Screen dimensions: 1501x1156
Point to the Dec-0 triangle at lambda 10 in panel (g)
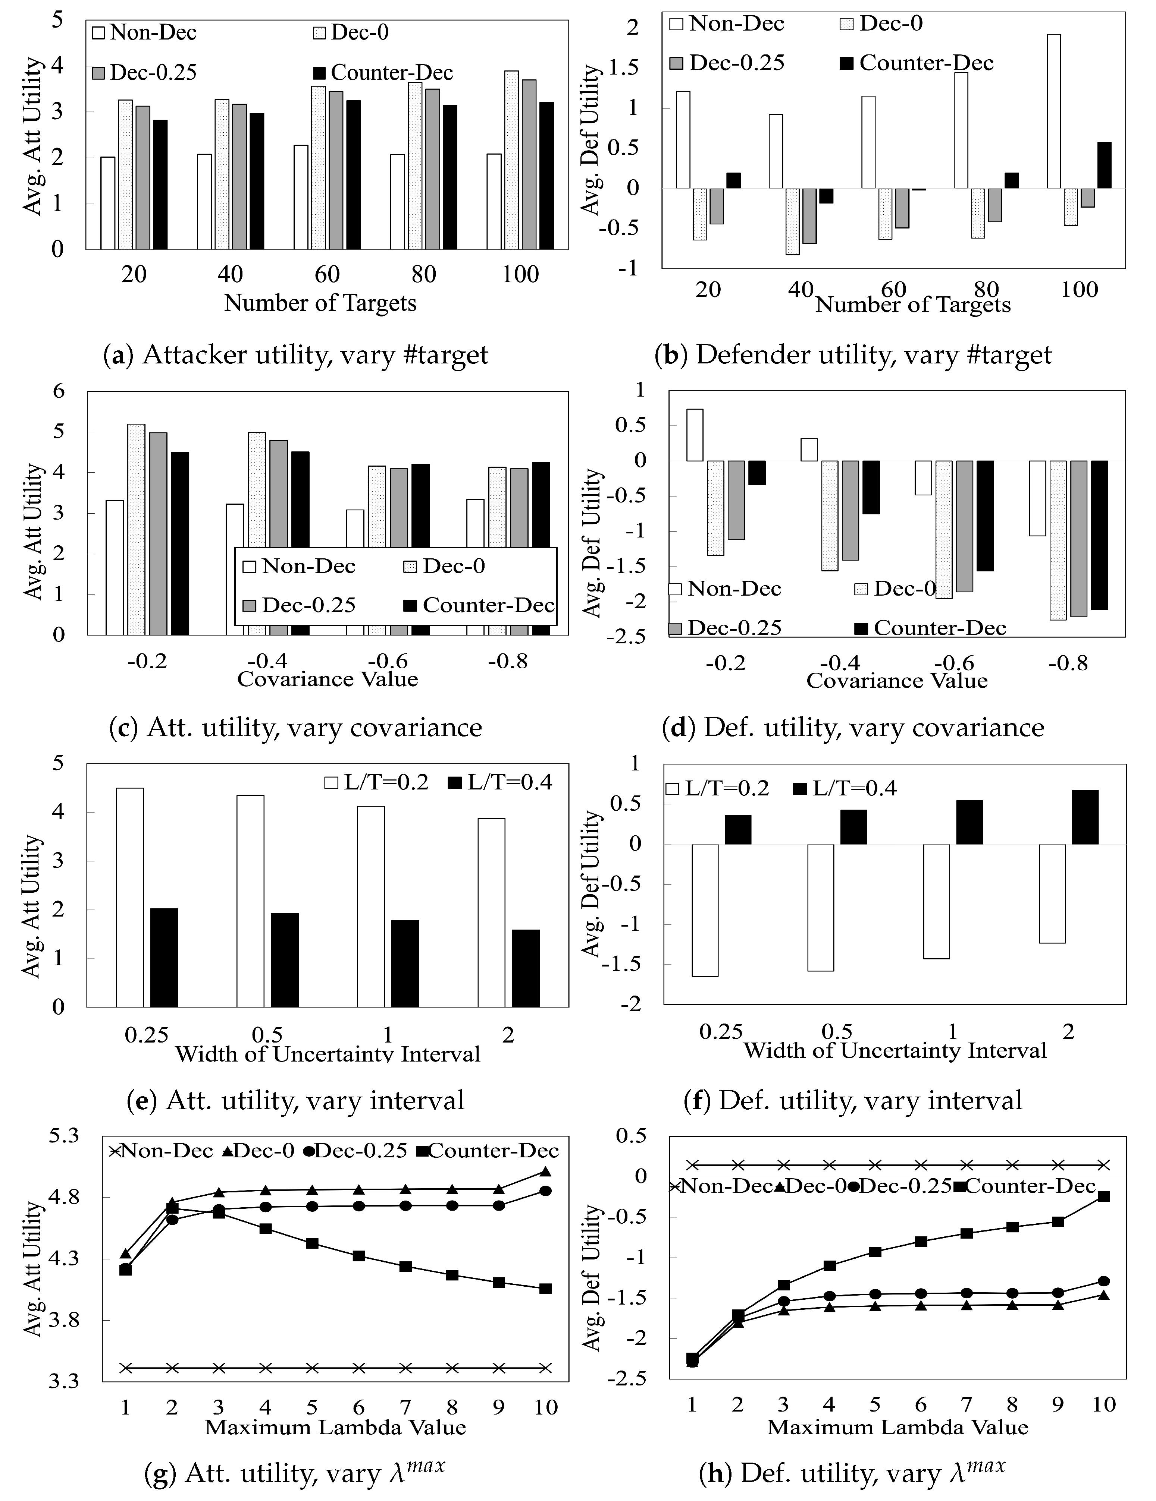click(x=545, y=1172)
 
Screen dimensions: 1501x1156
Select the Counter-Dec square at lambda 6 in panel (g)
click(x=358, y=1256)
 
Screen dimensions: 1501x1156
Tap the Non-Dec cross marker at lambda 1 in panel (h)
click(x=692, y=1165)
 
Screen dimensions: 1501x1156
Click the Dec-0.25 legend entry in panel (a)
click(x=144, y=72)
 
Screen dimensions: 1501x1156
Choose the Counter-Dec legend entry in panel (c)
click(x=479, y=605)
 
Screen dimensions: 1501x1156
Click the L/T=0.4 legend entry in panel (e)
click(x=500, y=782)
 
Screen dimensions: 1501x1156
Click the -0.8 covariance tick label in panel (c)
click(x=508, y=661)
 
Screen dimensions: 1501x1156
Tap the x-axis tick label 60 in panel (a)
click(x=328, y=274)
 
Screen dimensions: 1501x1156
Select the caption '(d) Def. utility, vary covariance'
click(x=853, y=727)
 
